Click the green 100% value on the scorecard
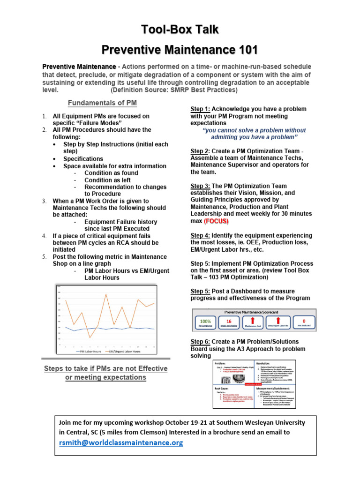tap(205, 321)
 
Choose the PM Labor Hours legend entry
tap(89, 351)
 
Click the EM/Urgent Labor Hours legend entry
tap(123, 351)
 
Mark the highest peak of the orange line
tap(106, 294)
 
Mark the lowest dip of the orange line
tap(90, 337)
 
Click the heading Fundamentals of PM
tap(102, 103)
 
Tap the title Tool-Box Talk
tap(180, 30)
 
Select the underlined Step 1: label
tap(200, 109)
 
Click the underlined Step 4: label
tap(200, 235)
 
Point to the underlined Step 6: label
tap(200, 342)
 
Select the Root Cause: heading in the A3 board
tap(225, 389)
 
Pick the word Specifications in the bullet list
tap(83, 159)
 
